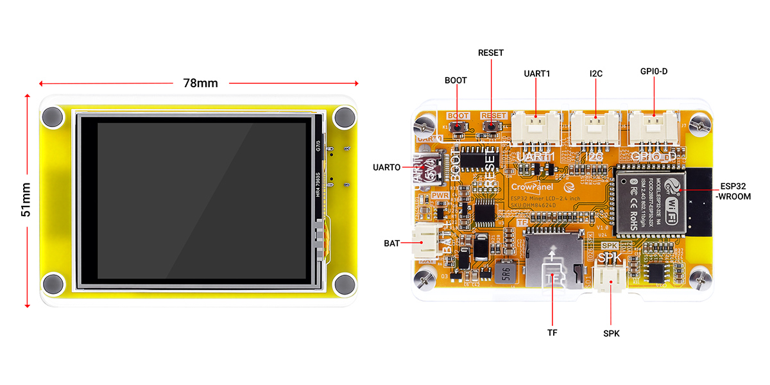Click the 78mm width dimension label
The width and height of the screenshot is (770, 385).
click(201, 83)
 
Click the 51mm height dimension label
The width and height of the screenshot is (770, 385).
click(26, 200)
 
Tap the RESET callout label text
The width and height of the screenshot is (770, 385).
click(491, 53)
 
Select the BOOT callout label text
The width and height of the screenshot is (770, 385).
click(456, 81)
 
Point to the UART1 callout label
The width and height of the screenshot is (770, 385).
click(537, 74)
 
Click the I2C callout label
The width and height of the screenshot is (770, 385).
click(596, 74)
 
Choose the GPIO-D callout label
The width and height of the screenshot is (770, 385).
click(654, 71)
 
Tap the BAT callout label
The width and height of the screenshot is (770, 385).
click(392, 243)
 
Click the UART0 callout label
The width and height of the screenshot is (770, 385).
click(387, 167)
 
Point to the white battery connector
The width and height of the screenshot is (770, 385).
click(427, 243)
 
